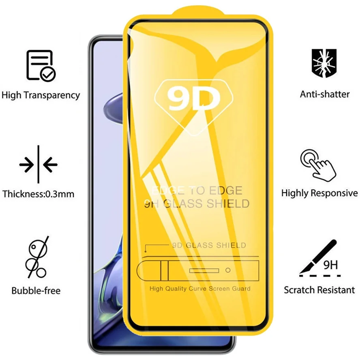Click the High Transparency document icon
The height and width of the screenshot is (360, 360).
pyautogui.click(x=41, y=65)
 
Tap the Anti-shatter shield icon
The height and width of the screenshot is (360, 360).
pyautogui.click(x=324, y=63)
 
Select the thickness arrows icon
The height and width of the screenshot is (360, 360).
pyautogui.click(x=38, y=165)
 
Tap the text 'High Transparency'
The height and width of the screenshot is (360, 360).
pyautogui.click(x=41, y=96)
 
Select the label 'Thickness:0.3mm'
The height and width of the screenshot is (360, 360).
pyautogui.click(x=39, y=194)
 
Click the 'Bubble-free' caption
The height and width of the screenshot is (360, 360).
pyautogui.click(x=36, y=290)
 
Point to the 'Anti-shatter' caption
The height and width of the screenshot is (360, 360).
pyautogui.click(x=325, y=94)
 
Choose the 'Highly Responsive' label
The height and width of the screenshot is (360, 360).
pyautogui.click(x=319, y=193)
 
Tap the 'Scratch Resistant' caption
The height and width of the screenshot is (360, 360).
pyautogui.click(x=319, y=290)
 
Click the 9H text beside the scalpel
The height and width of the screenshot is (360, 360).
pyautogui.click(x=330, y=266)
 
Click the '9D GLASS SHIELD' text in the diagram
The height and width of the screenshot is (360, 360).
pyautogui.click(x=209, y=245)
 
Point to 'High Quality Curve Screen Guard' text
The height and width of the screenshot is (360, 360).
pyautogui.click(x=200, y=289)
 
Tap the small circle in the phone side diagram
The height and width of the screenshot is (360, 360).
pyautogui.click(x=228, y=270)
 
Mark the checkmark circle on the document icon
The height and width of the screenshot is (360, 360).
pyautogui.click(x=48, y=73)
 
